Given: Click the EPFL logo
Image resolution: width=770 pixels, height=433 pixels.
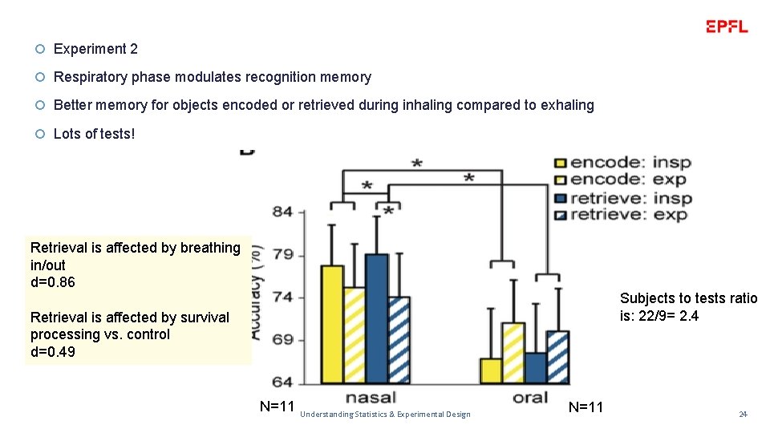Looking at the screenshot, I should [727, 26].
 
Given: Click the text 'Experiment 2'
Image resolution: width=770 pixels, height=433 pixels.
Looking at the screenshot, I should [95, 49].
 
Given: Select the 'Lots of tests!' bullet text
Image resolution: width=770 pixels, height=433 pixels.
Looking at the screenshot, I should [94, 134].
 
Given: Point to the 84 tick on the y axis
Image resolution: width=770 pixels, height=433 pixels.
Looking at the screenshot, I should [282, 212].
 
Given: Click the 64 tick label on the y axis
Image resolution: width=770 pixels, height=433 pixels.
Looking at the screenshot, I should [282, 382].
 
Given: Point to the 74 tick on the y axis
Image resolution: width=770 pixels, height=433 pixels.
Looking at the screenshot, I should [282, 297].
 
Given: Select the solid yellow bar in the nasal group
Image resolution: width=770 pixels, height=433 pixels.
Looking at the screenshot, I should [332, 324].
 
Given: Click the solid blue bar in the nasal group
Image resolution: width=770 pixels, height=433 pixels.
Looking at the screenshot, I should [376, 318].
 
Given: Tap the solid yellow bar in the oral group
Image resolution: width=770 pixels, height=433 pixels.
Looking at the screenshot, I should [491, 370].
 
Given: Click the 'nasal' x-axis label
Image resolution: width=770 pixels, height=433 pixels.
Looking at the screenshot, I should [370, 399].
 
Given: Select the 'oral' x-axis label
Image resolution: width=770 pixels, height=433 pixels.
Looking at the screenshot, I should [530, 399].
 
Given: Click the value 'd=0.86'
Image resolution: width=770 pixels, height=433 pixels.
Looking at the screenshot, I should [52, 282].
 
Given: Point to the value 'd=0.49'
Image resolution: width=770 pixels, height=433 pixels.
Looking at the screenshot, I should [52, 351].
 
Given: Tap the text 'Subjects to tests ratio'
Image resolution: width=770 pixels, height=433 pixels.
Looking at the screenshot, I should [688, 298].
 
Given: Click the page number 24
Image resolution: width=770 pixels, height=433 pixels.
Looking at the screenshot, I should [743, 414].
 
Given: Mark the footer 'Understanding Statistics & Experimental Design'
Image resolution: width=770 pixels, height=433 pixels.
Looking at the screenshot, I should [385, 414].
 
